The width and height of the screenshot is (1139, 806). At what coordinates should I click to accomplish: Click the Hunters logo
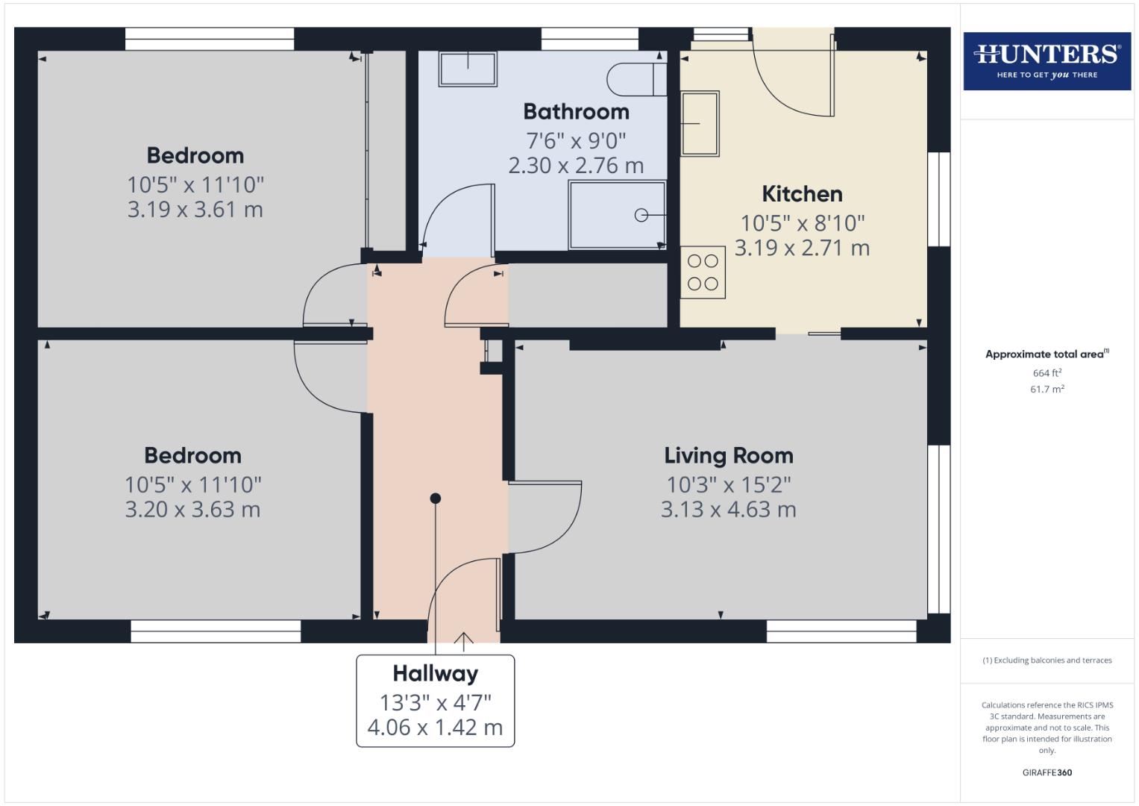pos(1047,60)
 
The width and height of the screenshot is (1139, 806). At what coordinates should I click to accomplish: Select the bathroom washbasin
pos(468,69)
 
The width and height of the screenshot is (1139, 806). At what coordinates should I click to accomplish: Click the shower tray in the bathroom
pos(617,215)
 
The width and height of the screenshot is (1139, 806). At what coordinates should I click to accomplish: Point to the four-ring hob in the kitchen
pos(703,272)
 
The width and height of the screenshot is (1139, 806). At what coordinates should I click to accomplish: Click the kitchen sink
pos(700,123)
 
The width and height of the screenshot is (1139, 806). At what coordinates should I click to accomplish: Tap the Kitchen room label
pos(802,194)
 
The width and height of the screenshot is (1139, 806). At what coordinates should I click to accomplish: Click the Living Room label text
pos(728,455)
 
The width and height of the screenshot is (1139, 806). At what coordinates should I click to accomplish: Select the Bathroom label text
pos(576,112)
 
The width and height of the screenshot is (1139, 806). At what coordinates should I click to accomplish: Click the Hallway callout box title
pos(435,673)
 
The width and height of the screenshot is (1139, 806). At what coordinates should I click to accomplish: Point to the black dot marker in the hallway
pos(436,498)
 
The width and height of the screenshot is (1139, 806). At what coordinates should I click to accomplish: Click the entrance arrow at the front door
pos(463,640)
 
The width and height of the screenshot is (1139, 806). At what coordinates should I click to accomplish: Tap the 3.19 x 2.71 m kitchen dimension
pos(802,248)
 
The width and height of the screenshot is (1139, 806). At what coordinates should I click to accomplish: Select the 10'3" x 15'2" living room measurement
pos(728,484)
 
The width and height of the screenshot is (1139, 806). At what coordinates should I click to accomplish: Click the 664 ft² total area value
pos(1047,373)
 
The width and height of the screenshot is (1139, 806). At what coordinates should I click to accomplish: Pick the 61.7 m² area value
pos(1047,389)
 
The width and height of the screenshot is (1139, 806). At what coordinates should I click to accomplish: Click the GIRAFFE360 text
pos(1047,772)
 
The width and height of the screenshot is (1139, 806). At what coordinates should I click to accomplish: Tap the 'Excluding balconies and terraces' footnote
pos(1047,660)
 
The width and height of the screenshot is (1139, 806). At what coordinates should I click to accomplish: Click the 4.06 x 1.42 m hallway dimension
pos(435,727)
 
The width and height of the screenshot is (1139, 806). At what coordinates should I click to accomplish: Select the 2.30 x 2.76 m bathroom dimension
pos(576,166)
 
